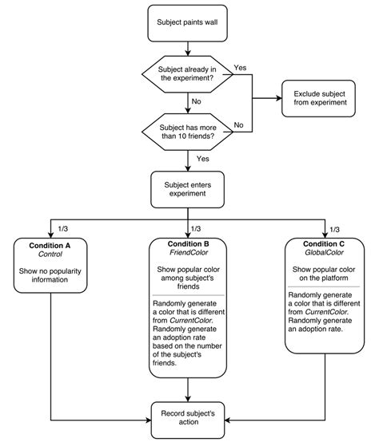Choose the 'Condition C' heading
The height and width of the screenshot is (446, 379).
[326, 244]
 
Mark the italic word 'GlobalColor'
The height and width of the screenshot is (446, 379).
[326, 255]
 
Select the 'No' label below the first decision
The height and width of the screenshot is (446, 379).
[196, 102]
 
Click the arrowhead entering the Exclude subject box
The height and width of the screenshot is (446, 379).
[278, 98]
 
